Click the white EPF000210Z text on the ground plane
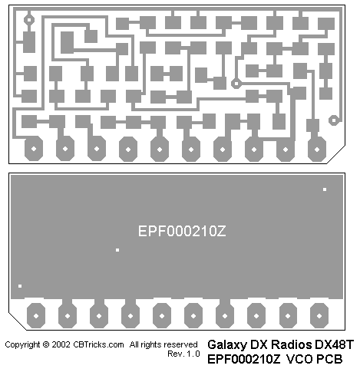point(182,231)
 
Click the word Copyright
point(22,345)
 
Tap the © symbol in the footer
point(46,344)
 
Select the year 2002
point(61,344)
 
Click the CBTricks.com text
point(98,344)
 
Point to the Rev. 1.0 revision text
point(183,354)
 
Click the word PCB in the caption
point(329,359)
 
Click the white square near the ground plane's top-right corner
point(325,189)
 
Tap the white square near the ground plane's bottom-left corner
point(20,286)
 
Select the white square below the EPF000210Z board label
point(117,250)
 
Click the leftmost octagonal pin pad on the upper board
point(34,149)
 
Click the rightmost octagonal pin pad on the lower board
point(319,316)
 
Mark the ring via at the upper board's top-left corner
point(29,20)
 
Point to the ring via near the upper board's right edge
point(333,120)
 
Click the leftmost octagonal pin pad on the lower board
point(36,316)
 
